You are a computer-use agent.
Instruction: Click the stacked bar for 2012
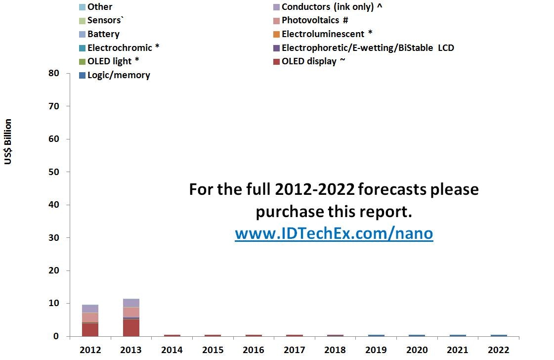click(x=90, y=320)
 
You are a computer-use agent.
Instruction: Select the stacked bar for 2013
click(x=131, y=317)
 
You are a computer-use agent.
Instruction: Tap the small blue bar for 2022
click(x=499, y=335)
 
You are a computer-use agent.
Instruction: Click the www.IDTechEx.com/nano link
click(x=334, y=233)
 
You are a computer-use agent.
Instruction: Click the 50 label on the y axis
click(x=54, y=172)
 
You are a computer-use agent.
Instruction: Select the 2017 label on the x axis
click(x=295, y=350)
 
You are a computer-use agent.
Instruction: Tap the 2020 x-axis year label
click(x=417, y=350)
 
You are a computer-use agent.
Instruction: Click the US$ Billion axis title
click(x=8, y=141)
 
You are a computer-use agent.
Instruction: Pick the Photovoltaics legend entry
click(x=311, y=20)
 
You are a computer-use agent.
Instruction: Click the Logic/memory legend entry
click(x=115, y=75)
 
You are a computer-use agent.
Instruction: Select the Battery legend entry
click(x=99, y=34)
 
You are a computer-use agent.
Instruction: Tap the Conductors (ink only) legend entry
click(x=328, y=7)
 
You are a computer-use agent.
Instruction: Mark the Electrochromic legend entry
click(x=119, y=48)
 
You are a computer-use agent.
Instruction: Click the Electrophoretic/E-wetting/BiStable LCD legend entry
click(x=364, y=48)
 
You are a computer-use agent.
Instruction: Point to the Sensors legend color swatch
click(x=83, y=21)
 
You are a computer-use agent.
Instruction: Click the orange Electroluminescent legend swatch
click(x=276, y=34)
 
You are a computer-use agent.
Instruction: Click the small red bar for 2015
click(x=213, y=335)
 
